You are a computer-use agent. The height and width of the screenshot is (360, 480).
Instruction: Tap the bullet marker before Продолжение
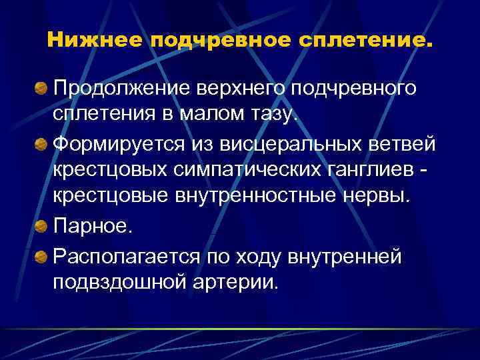coord(41,87)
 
